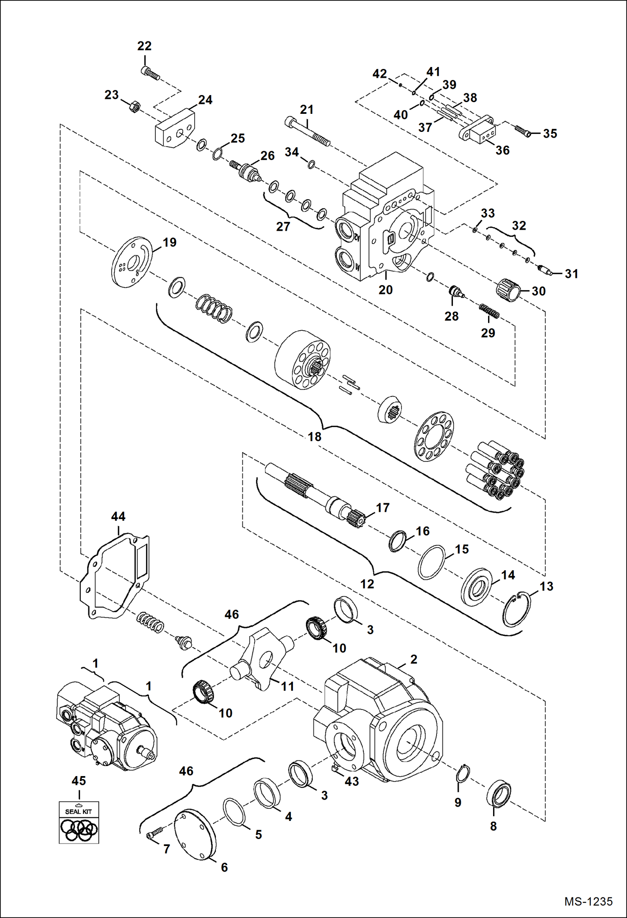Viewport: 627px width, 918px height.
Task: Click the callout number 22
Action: pos(144,46)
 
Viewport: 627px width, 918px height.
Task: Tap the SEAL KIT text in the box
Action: pos(78,811)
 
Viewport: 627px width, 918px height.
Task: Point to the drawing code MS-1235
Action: pos(588,901)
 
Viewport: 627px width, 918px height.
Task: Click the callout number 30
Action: pos(539,291)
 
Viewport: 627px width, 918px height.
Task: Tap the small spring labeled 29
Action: pos(489,311)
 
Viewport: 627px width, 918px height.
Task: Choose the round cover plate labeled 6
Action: pos(195,834)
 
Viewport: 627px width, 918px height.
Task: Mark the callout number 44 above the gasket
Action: pos(118,516)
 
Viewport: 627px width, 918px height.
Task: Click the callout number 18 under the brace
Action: pos(315,437)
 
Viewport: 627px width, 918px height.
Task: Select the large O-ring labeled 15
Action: pos(432,562)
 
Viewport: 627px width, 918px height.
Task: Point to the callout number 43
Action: pos(352,781)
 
